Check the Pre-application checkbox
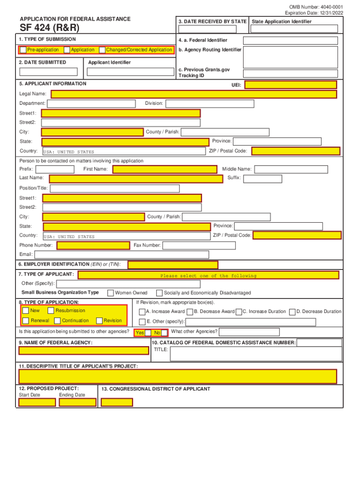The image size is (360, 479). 23,50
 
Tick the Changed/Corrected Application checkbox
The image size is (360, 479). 102,50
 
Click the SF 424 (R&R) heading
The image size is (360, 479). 49,28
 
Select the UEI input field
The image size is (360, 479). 291,85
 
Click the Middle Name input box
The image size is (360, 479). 294,169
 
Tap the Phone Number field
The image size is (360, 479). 93,246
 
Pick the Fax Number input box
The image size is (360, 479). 199,246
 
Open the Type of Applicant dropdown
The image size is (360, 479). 209,275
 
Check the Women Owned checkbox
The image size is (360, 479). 110,293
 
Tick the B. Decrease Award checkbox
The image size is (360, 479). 190,312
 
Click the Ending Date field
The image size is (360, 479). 78,402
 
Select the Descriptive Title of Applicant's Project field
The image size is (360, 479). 178,377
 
